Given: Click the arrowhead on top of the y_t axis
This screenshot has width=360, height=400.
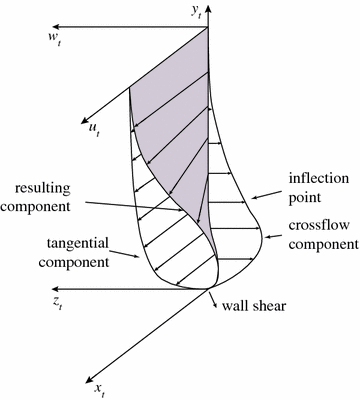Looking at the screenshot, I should [209, 21].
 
